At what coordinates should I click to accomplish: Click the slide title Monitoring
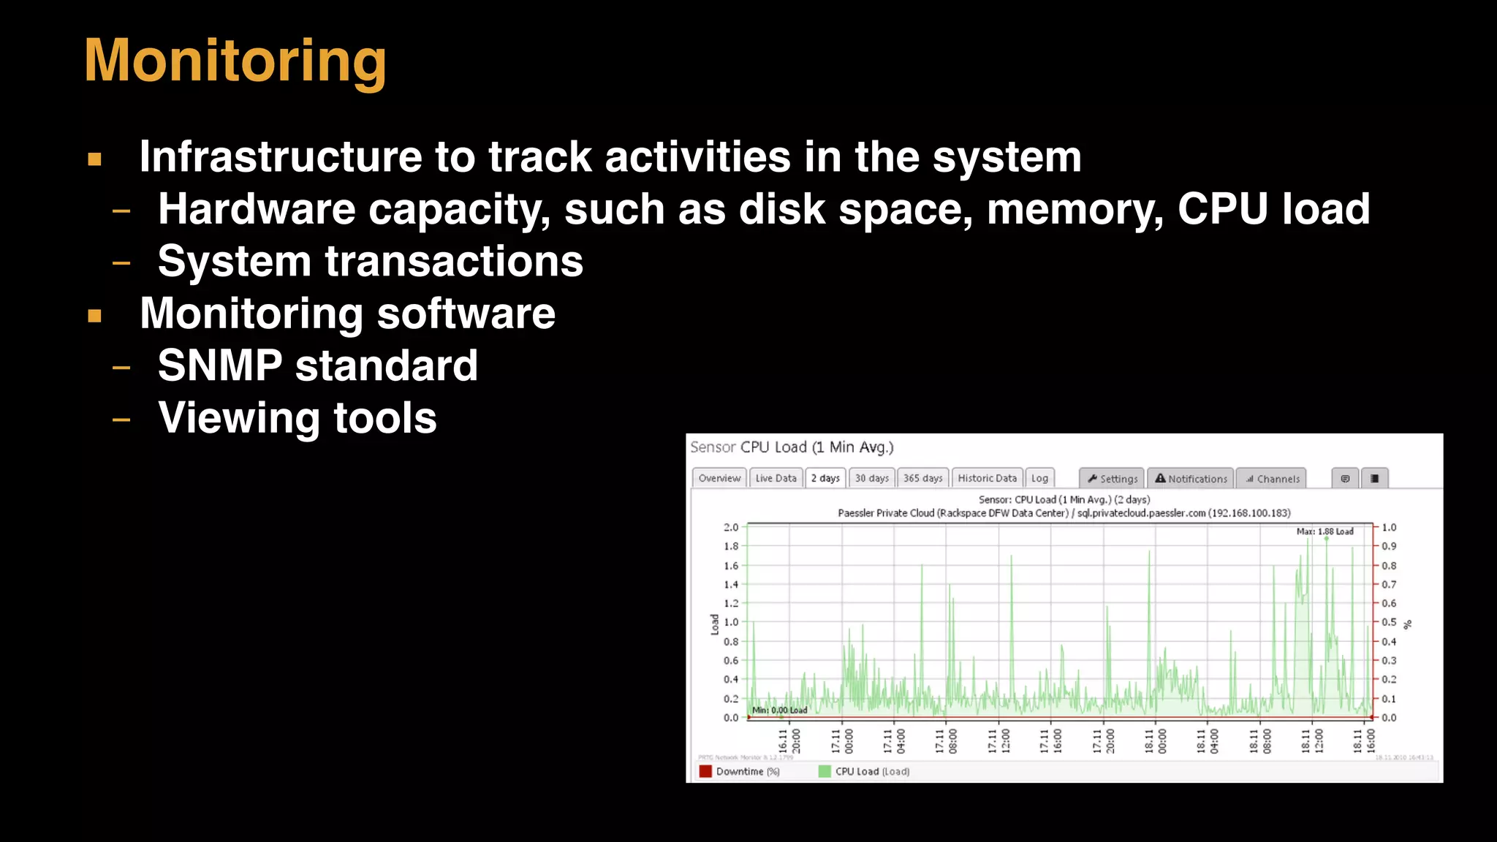click(x=235, y=61)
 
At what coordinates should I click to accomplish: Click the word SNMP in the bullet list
click(x=220, y=365)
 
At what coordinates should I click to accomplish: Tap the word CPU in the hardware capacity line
click(x=1221, y=209)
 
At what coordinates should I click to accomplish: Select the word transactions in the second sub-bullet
click(x=454, y=262)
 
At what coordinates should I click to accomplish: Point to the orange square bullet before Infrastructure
click(x=94, y=159)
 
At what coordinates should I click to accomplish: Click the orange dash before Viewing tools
click(x=121, y=420)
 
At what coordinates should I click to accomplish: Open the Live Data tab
click(x=776, y=478)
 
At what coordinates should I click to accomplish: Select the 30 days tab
click(x=871, y=478)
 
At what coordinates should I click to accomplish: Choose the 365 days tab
click(x=922, y=478)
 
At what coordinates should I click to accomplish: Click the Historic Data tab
click(x=987, y=478)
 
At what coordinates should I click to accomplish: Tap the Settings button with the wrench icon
click(x=1113, y=479)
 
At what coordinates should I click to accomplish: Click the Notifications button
click(x=1191, y=479)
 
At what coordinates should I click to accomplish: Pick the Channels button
click(x=1273, y=479)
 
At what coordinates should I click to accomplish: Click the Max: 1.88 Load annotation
click(x=1324, y=531)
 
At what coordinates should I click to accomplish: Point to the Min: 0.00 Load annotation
click(x=779, y=710)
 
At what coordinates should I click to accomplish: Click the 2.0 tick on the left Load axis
click(x=731, y=527)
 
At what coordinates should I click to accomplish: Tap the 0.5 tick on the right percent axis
click(x=1389, y=622)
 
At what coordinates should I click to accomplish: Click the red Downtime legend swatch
click(x=705, y=771)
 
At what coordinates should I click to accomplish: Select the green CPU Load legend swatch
click(x=825, y=771)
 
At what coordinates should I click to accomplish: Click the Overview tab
click(x=719, y=478)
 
